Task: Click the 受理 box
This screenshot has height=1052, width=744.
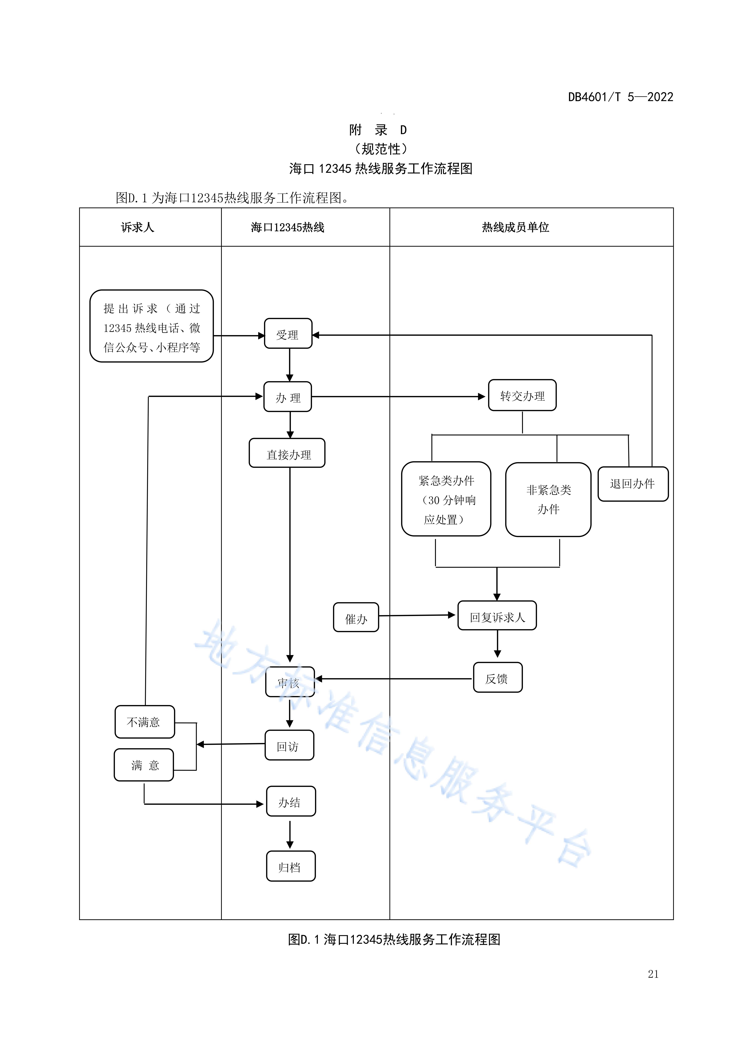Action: pyautogui.click(x=288, y=334)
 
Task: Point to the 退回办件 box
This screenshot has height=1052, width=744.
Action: pyautogui.click(x=633, y=484)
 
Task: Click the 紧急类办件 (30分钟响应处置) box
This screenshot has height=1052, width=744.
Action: pyautogui.click(x=446, y=499)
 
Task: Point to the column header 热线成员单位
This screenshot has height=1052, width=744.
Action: pyautogui.click(x=515, y=227)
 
